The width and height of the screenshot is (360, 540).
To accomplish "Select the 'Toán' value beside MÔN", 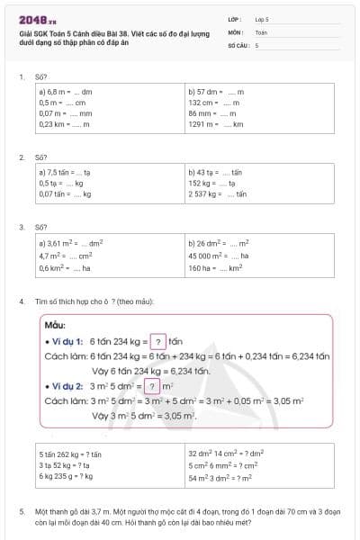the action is (261, 31).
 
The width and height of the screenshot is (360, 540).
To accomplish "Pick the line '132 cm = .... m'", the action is (213, 103).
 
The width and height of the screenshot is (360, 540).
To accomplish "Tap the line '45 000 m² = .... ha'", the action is (218, 256).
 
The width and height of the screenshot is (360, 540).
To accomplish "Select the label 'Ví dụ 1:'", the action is (67, 342).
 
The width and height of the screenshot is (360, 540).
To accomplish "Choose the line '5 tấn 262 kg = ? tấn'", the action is (71, 454).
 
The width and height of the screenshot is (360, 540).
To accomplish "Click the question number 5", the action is (21, 511).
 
